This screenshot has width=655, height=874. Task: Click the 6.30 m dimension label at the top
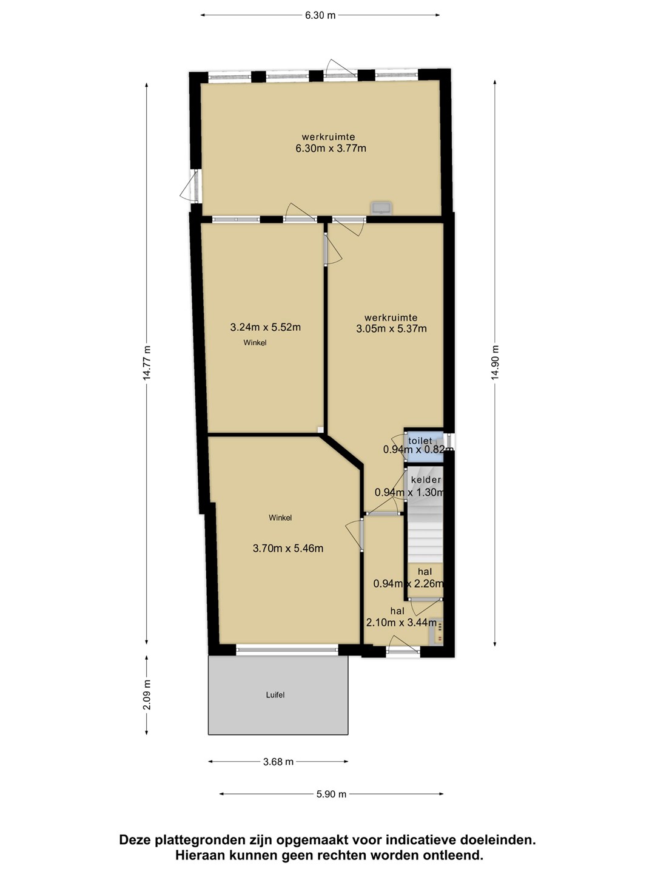point(320,16)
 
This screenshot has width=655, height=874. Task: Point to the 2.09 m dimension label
point(147,695)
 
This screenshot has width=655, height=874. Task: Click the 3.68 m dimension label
point(278,762)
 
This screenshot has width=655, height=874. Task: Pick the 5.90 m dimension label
point(331,794)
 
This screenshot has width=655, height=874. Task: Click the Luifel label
point(275,695)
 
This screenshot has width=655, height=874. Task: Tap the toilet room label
point(420,441)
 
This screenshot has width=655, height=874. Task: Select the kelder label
point(426,480)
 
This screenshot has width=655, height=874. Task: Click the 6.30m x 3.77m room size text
point(331,149)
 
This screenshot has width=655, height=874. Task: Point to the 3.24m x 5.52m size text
point(265,327)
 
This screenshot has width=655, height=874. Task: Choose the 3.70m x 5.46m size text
point(288,548)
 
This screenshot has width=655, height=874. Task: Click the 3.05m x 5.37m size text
point(391,328)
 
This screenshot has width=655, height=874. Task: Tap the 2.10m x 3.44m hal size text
point(401,622)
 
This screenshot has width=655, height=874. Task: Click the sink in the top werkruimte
point(381,208)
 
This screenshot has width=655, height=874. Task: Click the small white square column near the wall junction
point(320,429)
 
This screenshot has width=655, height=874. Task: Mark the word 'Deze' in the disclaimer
point(135,840)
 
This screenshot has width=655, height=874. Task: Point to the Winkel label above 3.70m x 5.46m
point(280,518)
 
